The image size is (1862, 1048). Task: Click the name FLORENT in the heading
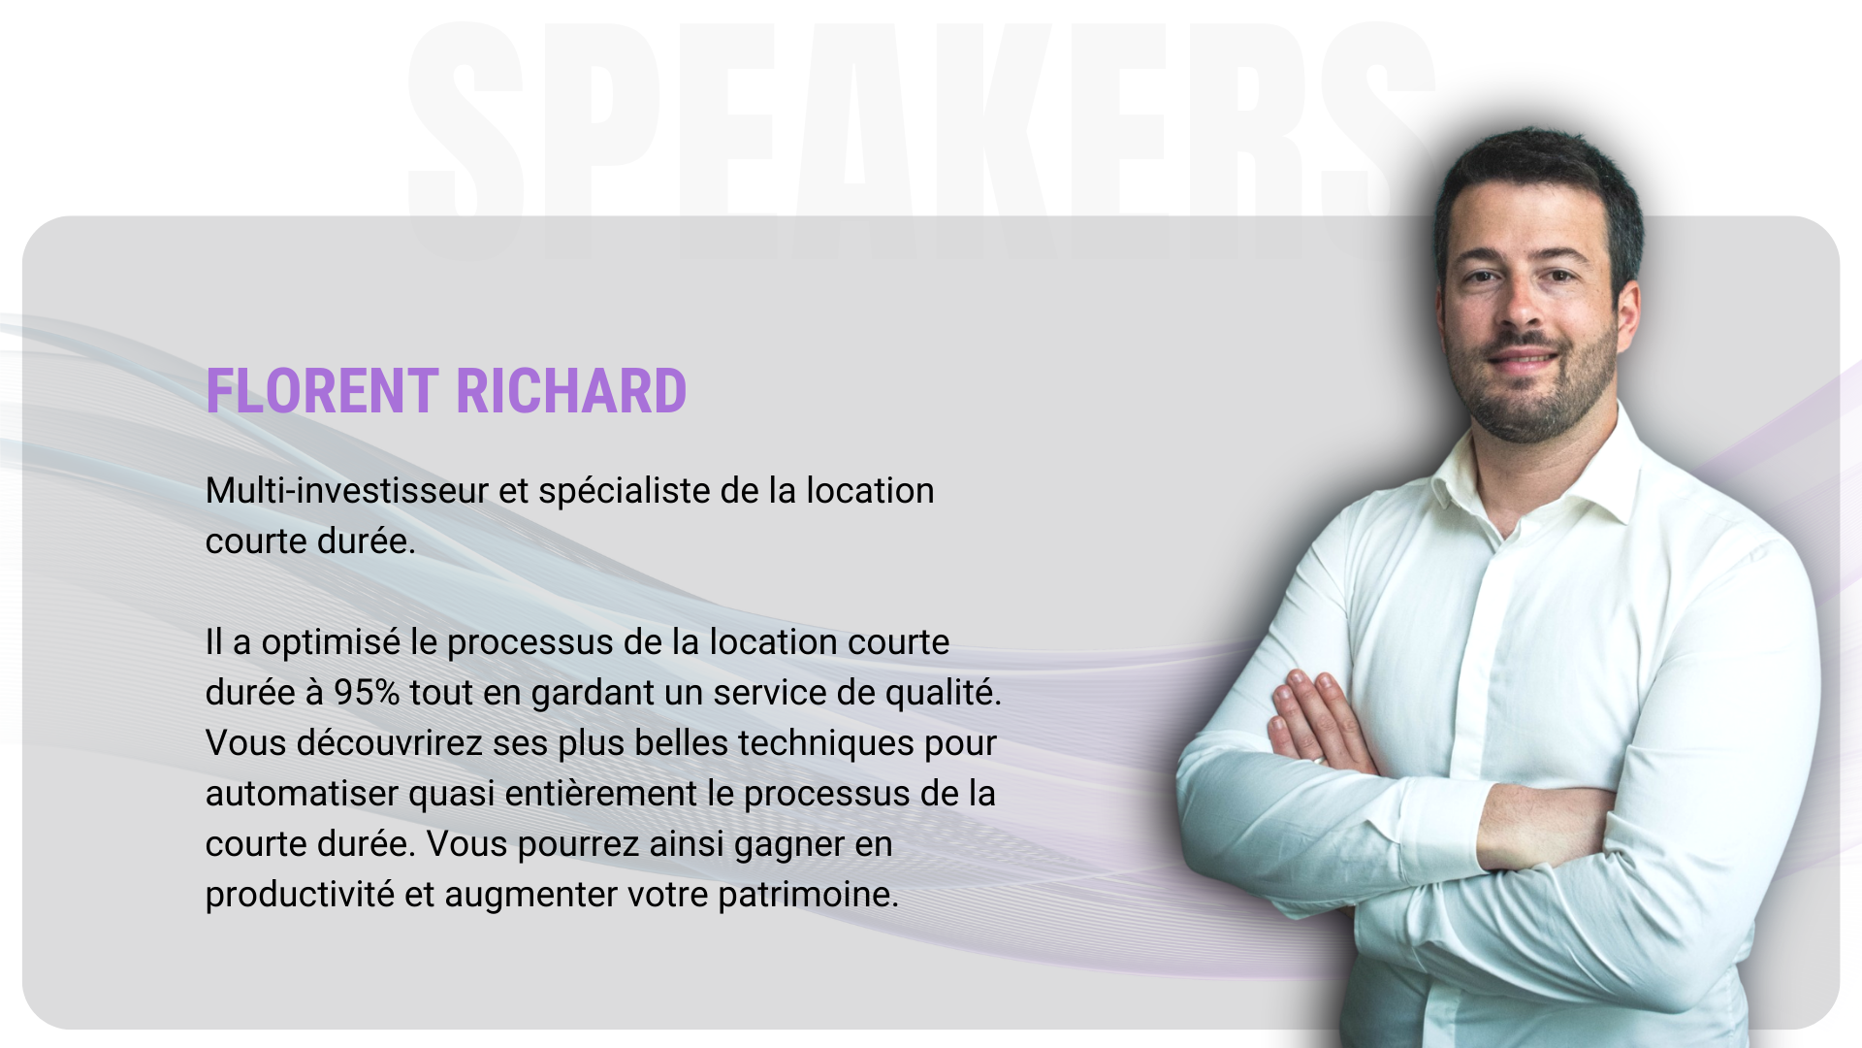[x=322, y=391]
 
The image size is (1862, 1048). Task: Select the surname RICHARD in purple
[x=571, y=391]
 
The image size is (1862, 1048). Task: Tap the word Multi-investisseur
[x=347, y=491]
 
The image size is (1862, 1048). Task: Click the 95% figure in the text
[x=367, y=693]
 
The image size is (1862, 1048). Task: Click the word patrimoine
[x=808, y=896]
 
